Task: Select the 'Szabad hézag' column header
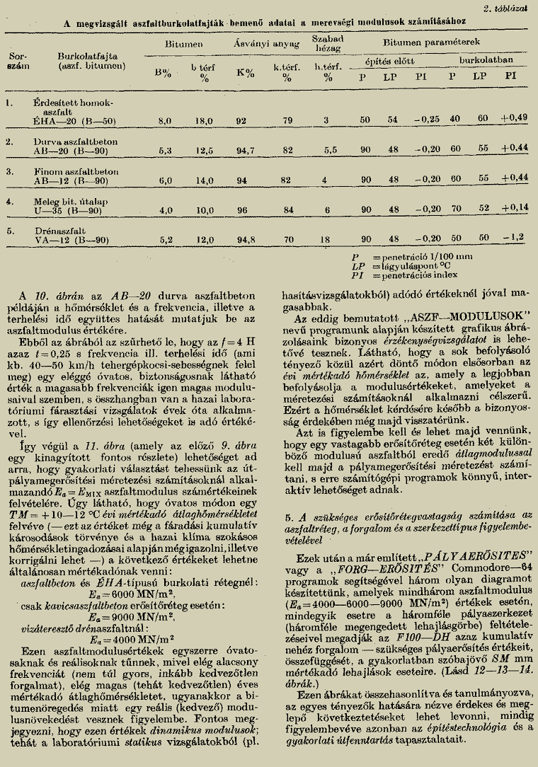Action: point(328,42)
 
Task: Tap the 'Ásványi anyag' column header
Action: point(266,44)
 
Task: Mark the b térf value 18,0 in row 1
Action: point(204,121)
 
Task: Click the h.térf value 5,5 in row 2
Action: point(327,150)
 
